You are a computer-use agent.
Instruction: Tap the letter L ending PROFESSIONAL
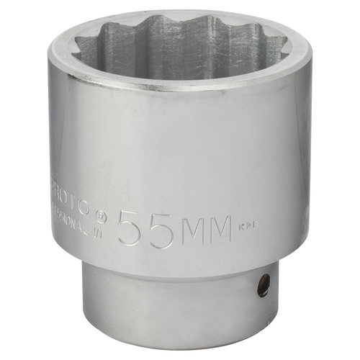pyautogui.click(x=93, y=232)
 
